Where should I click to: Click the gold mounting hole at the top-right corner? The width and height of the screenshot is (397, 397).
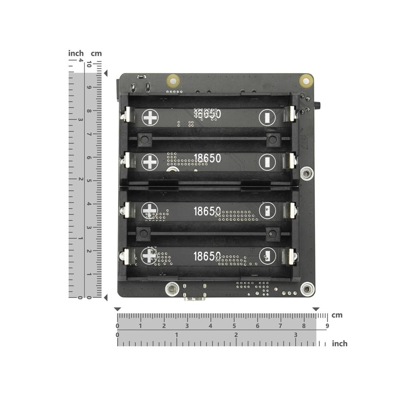coord(306,81)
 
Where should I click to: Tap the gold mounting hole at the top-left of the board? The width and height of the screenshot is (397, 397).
coord(173,81)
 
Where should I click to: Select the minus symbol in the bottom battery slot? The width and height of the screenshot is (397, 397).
coord(267,256)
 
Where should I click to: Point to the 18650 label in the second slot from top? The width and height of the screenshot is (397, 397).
coord(207,158)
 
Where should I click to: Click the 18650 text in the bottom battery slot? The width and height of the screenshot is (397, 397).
coord(207,256)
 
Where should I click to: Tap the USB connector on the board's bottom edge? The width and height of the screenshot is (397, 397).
coord(195,296)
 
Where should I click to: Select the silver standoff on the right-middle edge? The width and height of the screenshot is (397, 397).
coord(306,173)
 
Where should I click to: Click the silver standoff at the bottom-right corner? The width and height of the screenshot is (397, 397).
coord(307,289)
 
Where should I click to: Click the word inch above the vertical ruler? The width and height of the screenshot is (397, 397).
coord(76,53)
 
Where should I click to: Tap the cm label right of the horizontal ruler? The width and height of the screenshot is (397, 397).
coord(337,315)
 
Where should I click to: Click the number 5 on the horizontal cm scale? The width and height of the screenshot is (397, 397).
coord(234,326)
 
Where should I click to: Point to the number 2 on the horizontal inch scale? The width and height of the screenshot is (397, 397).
coord(236,335)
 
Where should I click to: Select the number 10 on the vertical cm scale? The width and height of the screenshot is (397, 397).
coord(90,64)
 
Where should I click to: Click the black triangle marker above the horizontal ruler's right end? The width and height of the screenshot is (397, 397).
coord(316,309)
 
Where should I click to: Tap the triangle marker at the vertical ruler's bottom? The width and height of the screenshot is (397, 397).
coord(106,297)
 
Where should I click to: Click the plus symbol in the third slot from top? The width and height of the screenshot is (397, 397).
coord(150,210)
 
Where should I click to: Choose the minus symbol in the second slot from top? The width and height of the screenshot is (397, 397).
coord(267,162)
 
